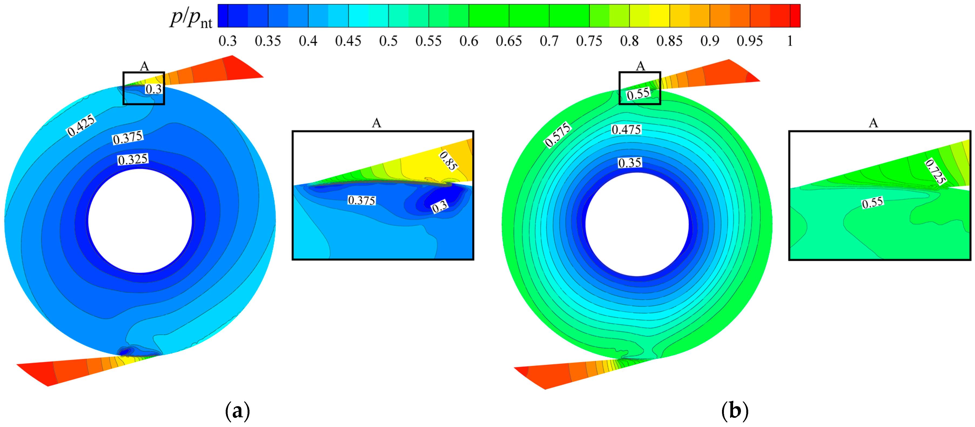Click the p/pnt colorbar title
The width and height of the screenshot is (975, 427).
[x=191, y=18]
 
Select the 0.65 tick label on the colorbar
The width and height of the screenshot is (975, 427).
[x=509, y=41]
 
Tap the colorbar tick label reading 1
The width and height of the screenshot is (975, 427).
[x=790, y=41]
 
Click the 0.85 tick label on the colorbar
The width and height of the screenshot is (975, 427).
[x=669, y=41]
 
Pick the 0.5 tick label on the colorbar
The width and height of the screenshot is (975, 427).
[x=388, y=41]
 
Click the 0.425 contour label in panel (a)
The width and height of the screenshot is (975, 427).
[x=81, y=125]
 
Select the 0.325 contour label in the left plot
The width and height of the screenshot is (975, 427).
[x=133, y=159]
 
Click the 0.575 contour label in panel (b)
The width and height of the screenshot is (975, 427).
[x=558, y=135]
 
